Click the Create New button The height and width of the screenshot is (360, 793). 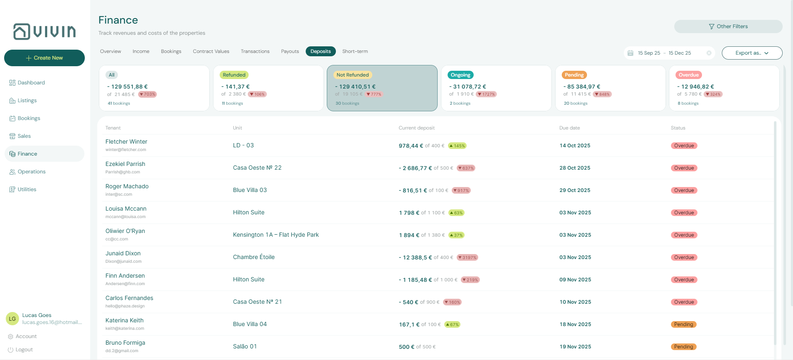(x=44, y=58)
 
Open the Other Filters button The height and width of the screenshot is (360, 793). (x=728, y=26)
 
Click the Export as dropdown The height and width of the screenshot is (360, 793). (x=752, y=53)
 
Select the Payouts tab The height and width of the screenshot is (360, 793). (x=290, y=51)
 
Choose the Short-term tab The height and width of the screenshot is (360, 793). (x=355, y=51)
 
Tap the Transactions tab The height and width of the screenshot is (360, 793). (x=255, y=51)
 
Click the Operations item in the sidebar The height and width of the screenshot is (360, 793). (x=31, y=172)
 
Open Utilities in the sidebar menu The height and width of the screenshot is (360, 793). (x=27, y=190)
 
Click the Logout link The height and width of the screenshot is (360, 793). (x=24, y=350)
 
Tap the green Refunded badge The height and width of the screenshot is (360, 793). (x=234, y=75)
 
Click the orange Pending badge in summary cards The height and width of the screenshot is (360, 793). (x=574, y=75)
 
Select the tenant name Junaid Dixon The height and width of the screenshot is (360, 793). (x=123, y=253)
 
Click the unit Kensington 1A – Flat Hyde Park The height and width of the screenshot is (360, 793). (x=276, y=235)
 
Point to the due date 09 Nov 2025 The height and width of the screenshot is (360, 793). (x=575, y=280)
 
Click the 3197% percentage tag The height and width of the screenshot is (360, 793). (x=467, y=257)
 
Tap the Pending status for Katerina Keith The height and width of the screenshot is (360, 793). (x=683, y=324)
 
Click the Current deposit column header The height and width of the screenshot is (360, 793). (x=417, y=128)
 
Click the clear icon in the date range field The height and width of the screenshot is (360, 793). (x=709, y=53)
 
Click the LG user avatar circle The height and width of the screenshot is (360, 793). (x=12, y=319)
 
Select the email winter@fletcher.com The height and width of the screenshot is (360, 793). (x=126, y=150)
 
